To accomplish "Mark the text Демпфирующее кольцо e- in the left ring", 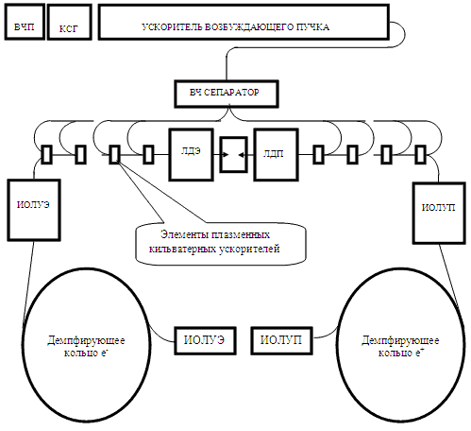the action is point(86,346).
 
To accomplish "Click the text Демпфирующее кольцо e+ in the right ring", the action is point(400,346).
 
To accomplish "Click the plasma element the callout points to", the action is point(114,154).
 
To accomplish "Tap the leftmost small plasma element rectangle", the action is point(47,154).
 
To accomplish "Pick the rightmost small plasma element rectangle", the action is point(421,154).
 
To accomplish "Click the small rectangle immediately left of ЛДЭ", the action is point(148,154).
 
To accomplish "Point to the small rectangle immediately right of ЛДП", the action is point(318,154).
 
